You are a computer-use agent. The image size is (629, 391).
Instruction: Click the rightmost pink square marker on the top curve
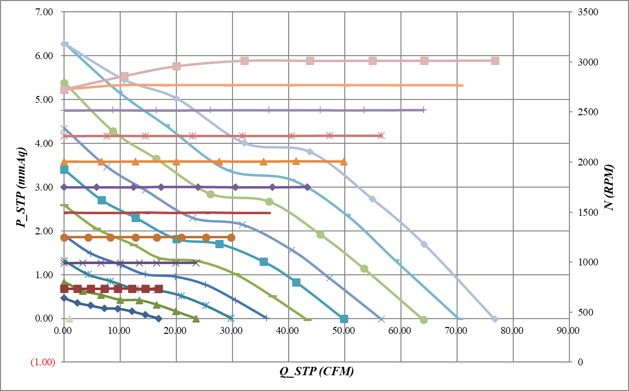(x=495, y=61)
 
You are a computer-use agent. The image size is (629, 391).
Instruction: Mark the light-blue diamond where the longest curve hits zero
(x=495, y=319)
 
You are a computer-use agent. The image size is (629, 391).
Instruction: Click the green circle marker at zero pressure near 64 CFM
(x=424, y=320)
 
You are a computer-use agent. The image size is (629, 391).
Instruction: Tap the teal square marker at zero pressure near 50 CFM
(x=344, y=319)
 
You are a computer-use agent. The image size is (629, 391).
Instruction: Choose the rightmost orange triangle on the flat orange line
(x=344, y=162)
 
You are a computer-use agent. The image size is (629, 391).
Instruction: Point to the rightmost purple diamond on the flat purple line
(x=307, y=187)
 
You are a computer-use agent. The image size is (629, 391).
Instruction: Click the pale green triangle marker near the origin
(x=69, y=319)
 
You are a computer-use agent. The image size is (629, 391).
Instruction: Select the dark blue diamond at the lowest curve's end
(x=158, y=319)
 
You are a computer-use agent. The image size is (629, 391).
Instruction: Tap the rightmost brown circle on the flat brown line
(x=231, y=237)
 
